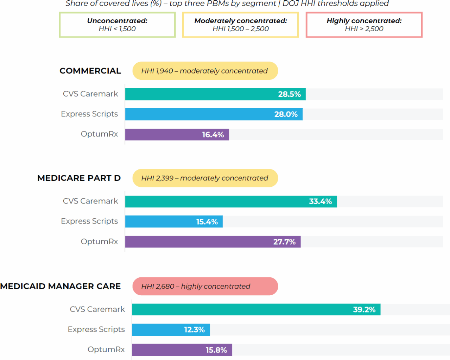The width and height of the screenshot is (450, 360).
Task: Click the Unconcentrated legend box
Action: click(117, 25)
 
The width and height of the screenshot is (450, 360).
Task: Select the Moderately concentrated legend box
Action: click(240, 25)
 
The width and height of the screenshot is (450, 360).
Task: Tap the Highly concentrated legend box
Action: click(364, 25)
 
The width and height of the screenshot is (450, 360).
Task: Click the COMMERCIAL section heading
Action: click(90, 71)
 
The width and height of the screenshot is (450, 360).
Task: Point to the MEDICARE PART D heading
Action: click(79, 178)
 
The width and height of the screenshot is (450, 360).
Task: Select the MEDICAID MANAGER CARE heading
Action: click(61, 287)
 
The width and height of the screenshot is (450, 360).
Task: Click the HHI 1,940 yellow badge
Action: click(205, 71)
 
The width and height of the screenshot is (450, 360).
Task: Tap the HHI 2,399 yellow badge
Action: click(205, 178)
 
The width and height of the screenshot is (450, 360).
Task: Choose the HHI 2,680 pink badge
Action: click(205, 287)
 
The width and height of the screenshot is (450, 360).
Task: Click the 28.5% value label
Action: click(289, 94)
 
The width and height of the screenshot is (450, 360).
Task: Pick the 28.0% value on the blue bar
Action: click(286, 114)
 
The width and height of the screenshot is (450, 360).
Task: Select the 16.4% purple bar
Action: click(177, 135)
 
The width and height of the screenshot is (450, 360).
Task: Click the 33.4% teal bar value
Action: click(320, 201)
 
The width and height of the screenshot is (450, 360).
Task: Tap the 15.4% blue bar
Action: click(174, 222)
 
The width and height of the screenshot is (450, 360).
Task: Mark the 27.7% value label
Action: click(284, 242)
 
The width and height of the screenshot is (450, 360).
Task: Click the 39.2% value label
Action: click(364, 310)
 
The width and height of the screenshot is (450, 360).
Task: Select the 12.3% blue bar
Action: click(171, 330)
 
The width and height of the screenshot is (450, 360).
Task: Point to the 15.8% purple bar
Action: click(182, 350)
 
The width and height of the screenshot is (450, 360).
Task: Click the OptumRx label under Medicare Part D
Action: click(99, 242)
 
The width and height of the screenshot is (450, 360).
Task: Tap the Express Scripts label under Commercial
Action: click(89, 114)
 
